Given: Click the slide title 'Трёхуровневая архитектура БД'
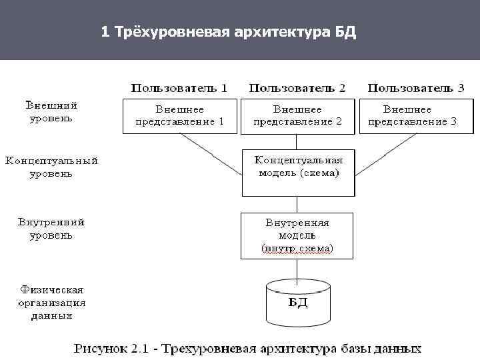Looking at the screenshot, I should [229, 32].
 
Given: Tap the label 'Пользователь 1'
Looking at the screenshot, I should [179, 87].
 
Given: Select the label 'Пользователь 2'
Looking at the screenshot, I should [297, 87].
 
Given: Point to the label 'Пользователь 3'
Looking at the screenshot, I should [416, 87].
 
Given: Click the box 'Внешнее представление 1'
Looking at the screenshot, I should [179, 116].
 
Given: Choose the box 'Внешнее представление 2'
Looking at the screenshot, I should [297, 116].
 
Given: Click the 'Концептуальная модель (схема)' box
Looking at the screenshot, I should [297, 172].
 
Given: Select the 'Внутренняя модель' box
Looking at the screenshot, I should [297, 235].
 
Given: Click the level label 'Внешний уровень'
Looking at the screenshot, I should [51, 111].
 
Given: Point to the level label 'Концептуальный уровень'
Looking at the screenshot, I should [51, 167].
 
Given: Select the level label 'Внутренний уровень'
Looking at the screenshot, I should [51, 228].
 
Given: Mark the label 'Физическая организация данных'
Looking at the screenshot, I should [51, 302].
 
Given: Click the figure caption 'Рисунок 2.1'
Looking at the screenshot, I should [247, 348].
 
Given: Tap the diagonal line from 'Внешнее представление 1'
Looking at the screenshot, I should [211, 155].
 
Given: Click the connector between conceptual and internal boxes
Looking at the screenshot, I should [297, 204].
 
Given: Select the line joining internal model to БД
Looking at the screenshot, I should [297, 268].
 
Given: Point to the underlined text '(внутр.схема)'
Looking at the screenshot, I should [297, 249].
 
